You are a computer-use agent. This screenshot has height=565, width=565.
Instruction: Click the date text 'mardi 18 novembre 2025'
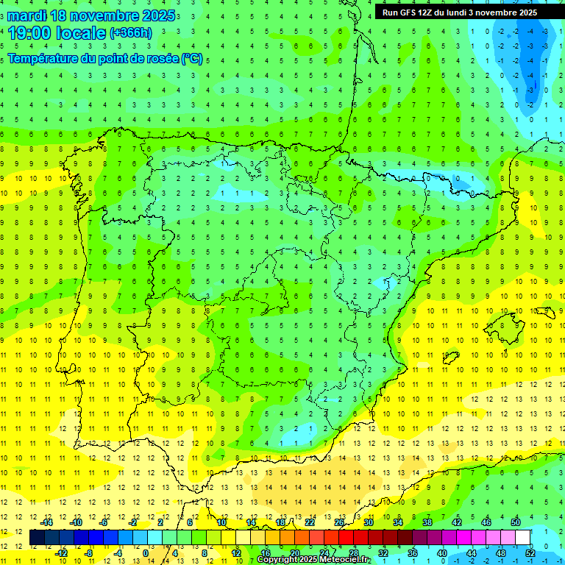coord(91,15)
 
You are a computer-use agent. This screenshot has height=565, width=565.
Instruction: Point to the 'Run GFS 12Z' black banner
coord(459,13)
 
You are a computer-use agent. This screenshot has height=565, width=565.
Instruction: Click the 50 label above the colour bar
coord(516,522)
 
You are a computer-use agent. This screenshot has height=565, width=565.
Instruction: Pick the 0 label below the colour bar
coord(146,553)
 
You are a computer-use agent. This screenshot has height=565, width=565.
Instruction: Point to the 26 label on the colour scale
coord(339,522)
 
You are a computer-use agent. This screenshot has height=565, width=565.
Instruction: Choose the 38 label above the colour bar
coord(427,522)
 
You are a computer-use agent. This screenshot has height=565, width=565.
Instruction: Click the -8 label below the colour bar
coord(89,553)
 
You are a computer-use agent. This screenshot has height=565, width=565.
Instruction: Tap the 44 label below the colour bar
coord(472,553)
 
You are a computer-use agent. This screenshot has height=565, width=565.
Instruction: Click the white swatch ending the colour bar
coord(523,538)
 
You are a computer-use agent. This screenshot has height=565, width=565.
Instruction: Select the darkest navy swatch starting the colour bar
coord(38,538)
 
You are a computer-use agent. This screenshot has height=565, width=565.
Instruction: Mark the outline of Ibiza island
coord(450,358)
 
